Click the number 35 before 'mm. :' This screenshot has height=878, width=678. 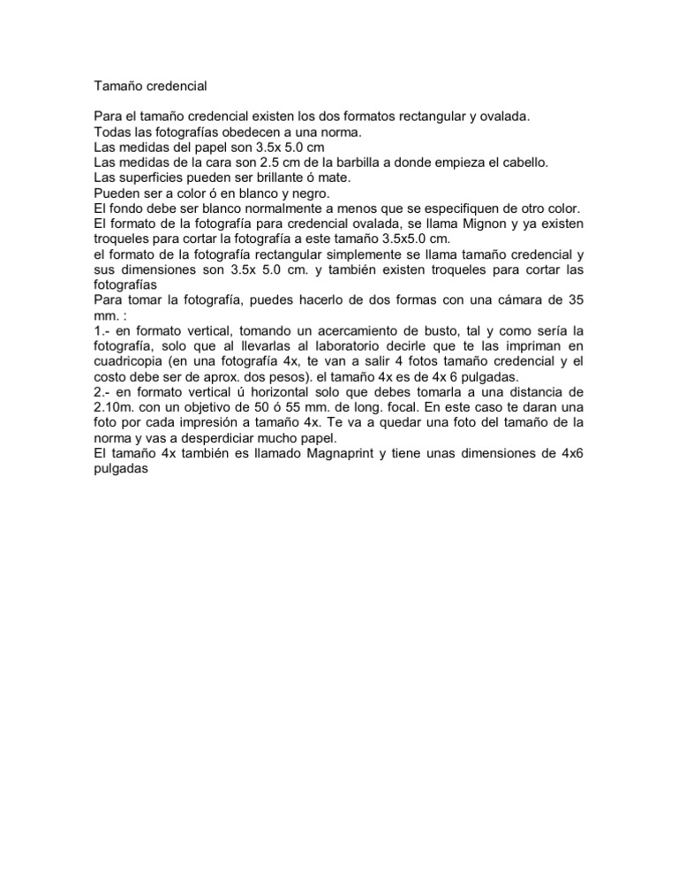click(x=576, y=300)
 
